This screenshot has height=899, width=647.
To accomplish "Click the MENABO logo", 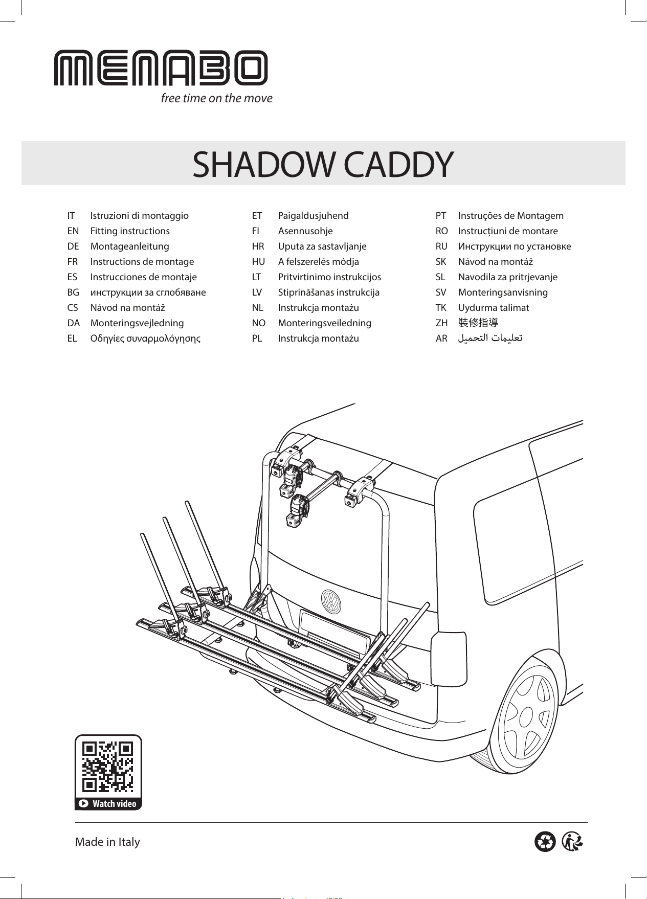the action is click(x=161, y=68).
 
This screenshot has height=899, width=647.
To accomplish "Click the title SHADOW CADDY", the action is click(x=323, y=164).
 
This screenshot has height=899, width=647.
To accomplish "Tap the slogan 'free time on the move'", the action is click(x=217, y=98).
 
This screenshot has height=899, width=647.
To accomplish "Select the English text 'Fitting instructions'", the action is click(x=130, y=231).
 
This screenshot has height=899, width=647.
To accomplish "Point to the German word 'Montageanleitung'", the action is click(x=129, y=246).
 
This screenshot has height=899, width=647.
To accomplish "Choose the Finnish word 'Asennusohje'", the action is click(x=305, y=231).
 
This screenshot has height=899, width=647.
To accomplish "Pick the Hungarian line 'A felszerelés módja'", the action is click(x=319, y=262).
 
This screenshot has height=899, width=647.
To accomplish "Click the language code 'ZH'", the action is click(x=441, y=323).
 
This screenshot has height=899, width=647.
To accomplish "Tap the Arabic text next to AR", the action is click(x=490, y=338).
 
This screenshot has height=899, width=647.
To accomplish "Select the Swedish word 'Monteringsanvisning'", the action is click(x=503, y=293).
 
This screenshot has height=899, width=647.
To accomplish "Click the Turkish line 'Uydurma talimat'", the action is click(x=494, y=308).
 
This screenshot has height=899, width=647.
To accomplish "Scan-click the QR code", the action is click(x=108, y=766).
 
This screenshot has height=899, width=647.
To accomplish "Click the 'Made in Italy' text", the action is click(x=107, y=842).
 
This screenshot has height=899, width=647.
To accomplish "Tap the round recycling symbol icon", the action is click(x=545, y=842).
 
